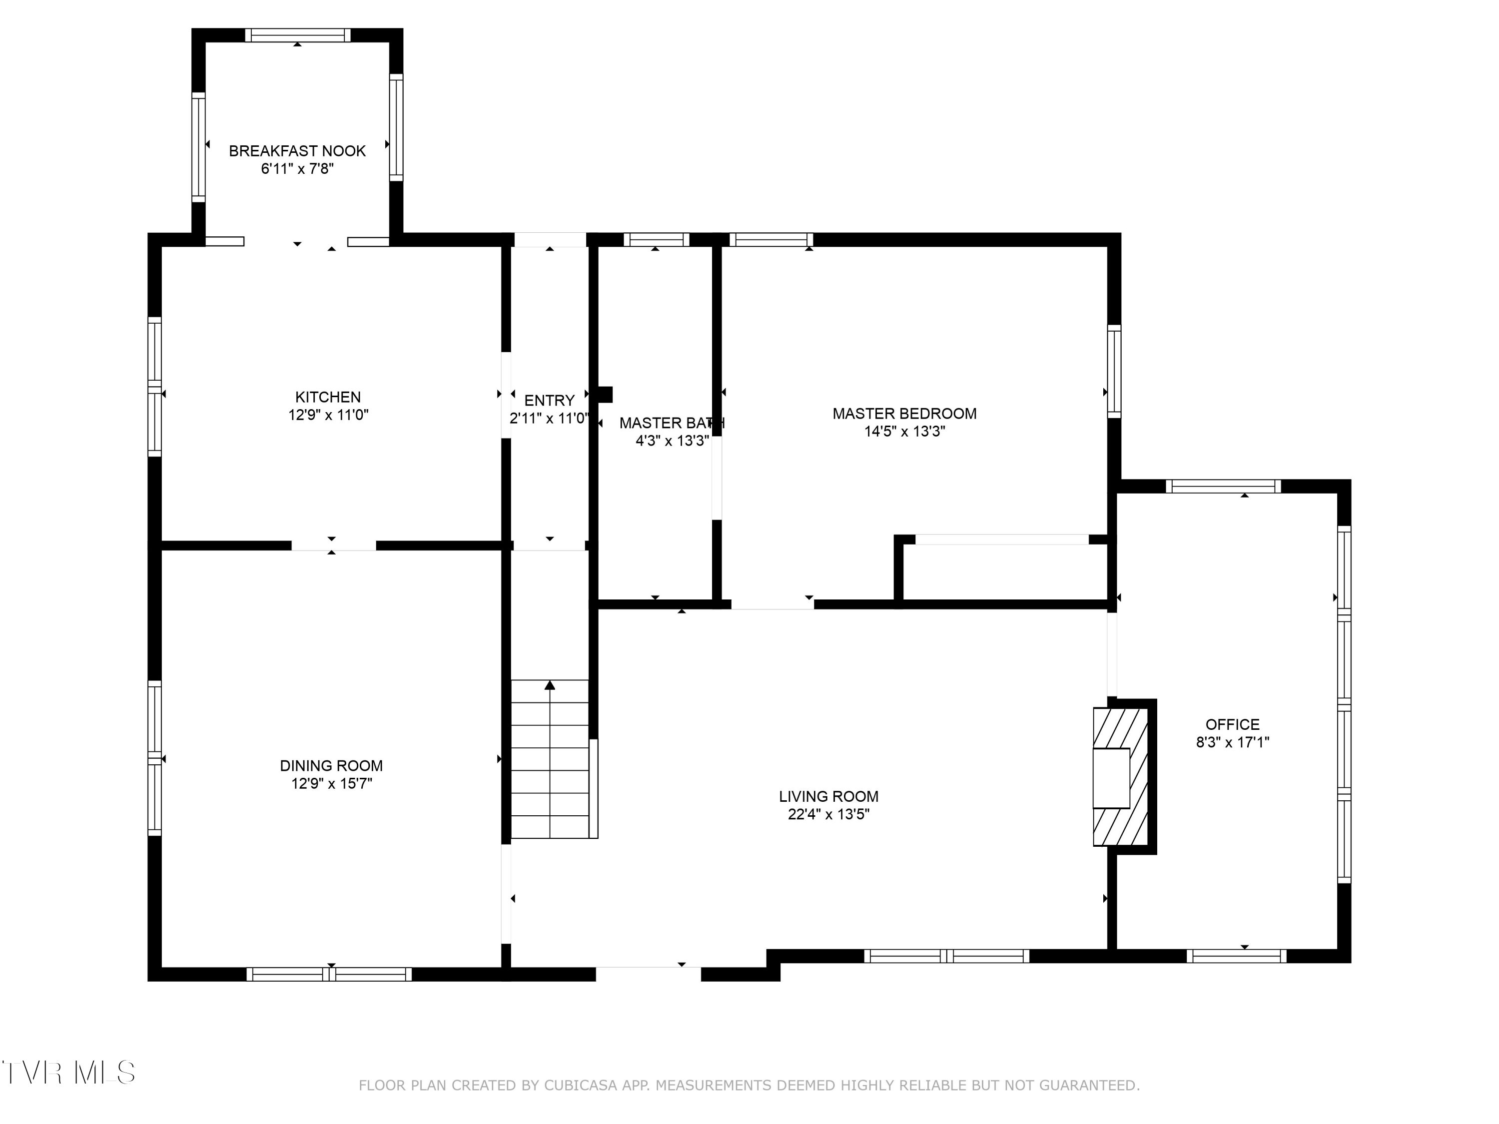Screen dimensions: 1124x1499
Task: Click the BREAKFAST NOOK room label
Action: tap(297, 151)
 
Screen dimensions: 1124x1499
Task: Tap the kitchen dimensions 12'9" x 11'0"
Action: tap(328, 415)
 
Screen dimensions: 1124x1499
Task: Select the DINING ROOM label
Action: tap(331, 766)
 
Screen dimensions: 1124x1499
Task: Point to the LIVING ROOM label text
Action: tap(828, 797)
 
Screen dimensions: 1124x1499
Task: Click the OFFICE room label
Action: tap(1232, 724)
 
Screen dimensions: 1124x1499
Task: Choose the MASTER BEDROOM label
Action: tap(904, 413)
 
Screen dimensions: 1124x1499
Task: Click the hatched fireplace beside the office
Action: tap(1120, 776)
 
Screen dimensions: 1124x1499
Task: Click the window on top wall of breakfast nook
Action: tap(297, 35)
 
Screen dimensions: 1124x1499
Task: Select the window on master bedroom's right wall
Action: tap(1113, 371)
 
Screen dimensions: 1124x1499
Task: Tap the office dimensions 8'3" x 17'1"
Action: tap(1232, 742)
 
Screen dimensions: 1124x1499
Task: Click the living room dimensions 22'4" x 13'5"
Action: tap(828, 814)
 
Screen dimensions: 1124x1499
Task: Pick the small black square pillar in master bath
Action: tap(605, 394)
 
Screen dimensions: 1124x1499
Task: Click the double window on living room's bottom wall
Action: tap(946, 956)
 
